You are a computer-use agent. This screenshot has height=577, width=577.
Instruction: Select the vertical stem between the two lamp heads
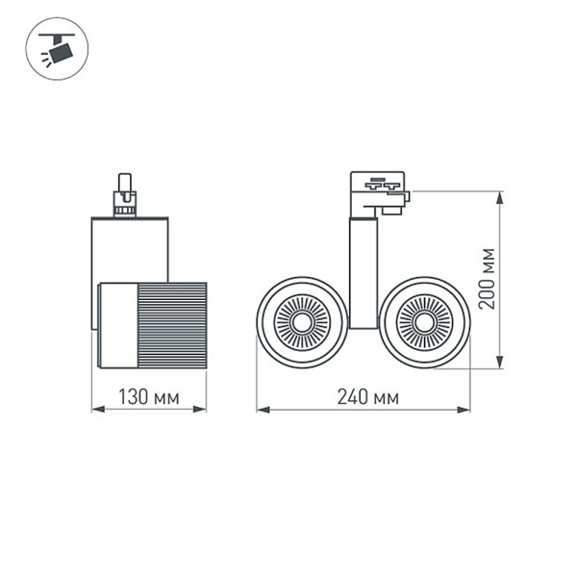click(362, 274)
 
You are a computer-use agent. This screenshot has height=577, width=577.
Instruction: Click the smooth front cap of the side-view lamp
click(114, 325)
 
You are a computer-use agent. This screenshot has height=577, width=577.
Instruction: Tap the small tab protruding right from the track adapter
click(401, 201)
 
